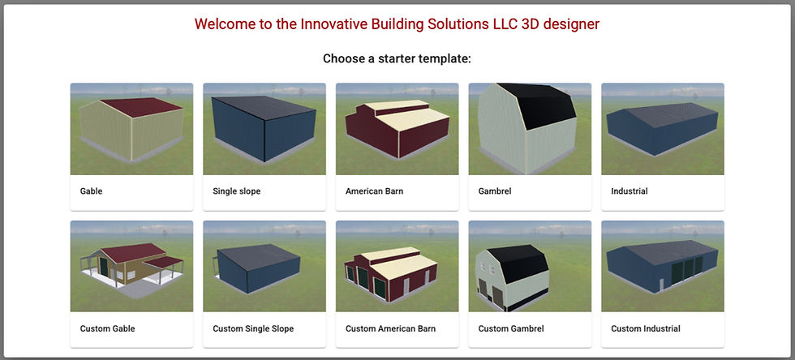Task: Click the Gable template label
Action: point(91,191)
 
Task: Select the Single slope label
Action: point(237,191)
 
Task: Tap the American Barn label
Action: point(375,191)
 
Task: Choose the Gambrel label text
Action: point(495,191)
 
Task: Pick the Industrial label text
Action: point(630,191)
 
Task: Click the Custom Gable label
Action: point(107,328)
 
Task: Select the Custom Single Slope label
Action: point(253,328)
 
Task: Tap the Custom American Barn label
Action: point(390,328)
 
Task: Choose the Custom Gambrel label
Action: point(511,328)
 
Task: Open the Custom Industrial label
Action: point(646,328)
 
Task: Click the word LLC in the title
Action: point(505,24)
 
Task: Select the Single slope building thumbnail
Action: point(264,129)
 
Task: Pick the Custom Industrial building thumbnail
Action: point(663,266)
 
